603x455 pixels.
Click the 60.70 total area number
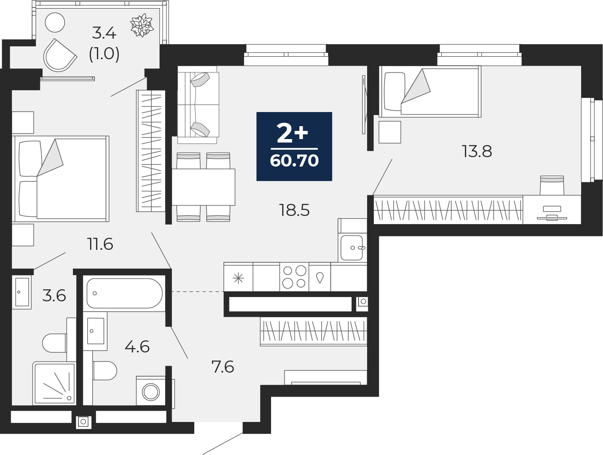(x=294, y=161)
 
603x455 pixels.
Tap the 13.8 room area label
(x=477, y=152)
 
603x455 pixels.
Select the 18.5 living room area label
(x=294, y=210)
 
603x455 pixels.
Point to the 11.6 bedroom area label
(x=100, y=244)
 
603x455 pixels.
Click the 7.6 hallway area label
(x=223, y=367)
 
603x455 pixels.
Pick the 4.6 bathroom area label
(x=137, y=346)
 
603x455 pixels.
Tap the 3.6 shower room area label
(x=54, y=296)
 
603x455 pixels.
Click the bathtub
(x=124, y=293)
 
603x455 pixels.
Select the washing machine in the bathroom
(x=151, y=391)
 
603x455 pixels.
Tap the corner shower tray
(x=54, y=383)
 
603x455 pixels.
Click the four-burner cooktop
(x=294, y=277)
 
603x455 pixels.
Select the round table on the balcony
(x=55, y=22)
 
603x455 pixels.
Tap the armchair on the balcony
(x=60, y=55)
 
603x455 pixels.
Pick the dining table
(x=204, y=187)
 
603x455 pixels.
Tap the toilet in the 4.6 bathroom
(x=105, y=370)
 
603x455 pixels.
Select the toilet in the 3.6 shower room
(x=54, y=343)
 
